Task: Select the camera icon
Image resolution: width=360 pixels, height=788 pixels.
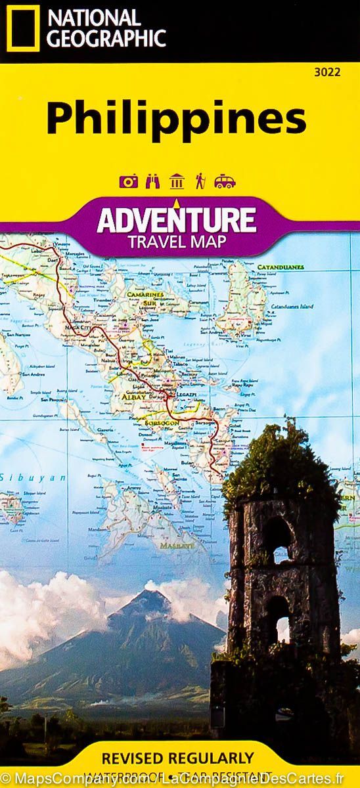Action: point(129,181)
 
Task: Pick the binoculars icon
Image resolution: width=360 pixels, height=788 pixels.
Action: point(152,181)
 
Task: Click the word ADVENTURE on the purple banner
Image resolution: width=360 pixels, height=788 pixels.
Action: point(175,220)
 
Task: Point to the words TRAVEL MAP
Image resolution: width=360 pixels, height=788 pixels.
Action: point(178,241)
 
